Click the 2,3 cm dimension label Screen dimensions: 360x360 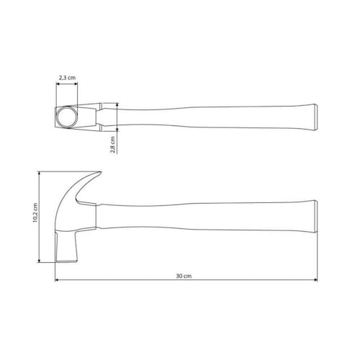(x=67, y=78)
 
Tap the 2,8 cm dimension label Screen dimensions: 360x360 (x=112, y=145)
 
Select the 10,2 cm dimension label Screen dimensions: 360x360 (x=35, y=213)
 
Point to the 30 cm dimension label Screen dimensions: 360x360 (x=184, y=276)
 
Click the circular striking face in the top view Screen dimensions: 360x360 (x=67, y=117)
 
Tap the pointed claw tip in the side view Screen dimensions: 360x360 (x=100, y=172)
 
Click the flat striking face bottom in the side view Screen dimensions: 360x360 (x=67, y=261)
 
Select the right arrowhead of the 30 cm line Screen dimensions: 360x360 (x=316, y=280)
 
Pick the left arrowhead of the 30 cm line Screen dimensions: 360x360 (x=57, y=280)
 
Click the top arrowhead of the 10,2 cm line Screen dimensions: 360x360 (x=39, y=174)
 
